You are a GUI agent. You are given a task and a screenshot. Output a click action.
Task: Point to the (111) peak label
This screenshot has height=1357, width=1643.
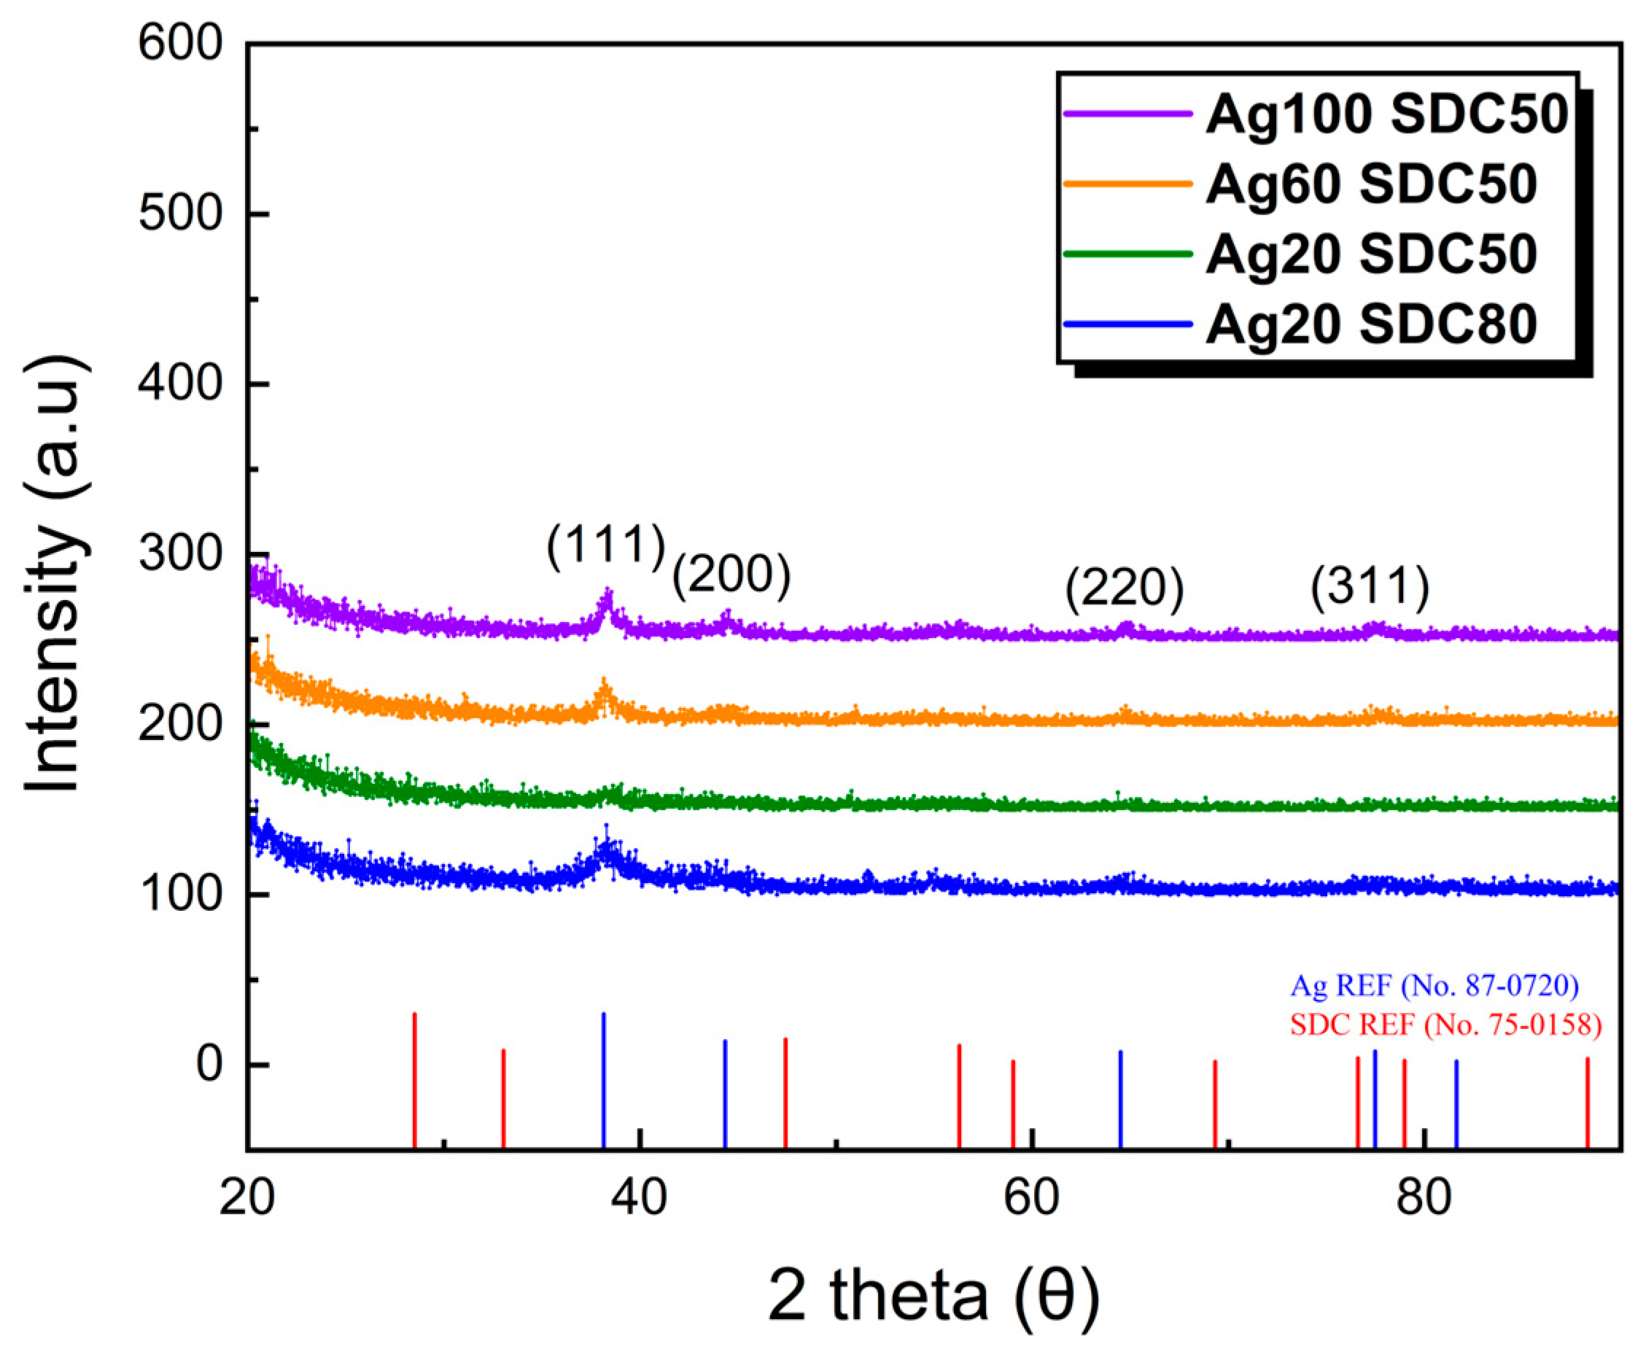pos(606,545)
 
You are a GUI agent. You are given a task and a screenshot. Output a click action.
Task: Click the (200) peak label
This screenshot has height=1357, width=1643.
pos(731,576)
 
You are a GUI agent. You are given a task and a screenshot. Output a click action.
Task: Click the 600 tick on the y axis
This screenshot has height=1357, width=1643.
pos(181,43)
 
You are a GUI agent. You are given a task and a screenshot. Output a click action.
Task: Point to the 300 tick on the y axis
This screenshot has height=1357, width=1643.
pos(181,553)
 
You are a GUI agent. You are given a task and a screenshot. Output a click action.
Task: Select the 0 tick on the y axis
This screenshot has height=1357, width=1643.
pos(209,1065)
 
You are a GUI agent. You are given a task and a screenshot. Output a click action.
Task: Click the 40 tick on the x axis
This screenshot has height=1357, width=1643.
pos(640,1198)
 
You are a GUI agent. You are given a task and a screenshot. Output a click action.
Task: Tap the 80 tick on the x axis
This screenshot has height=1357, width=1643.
pos(1423,1198)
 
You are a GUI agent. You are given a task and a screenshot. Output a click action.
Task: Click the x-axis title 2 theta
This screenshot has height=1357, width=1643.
pos(934,1295)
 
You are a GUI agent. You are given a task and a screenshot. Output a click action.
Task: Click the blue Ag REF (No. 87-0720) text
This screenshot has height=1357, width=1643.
pos(1434,986)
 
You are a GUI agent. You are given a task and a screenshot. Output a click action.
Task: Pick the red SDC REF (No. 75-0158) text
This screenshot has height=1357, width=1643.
pos(1445,1024)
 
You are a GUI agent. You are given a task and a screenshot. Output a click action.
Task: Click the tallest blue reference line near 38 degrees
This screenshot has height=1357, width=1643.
pos(603,1078)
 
